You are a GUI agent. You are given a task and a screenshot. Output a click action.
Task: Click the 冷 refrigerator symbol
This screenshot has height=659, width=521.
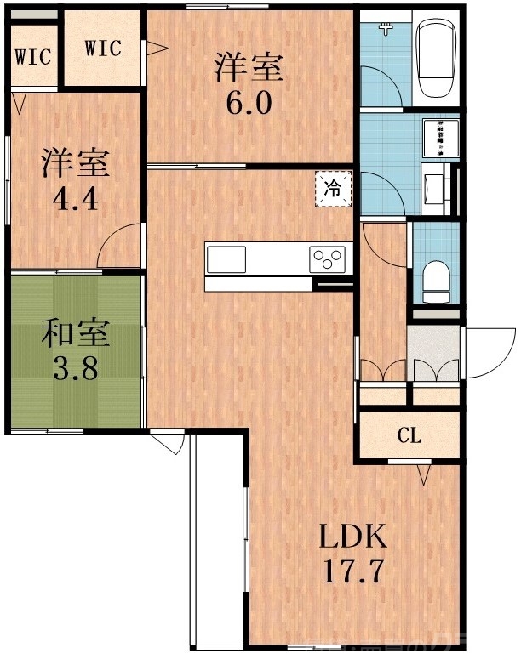click(x=333, y=189)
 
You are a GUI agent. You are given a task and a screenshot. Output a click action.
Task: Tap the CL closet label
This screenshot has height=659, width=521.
click(x=409, y=436)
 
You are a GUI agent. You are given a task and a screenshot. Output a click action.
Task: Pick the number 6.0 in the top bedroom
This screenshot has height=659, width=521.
click(x=248, y=102)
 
